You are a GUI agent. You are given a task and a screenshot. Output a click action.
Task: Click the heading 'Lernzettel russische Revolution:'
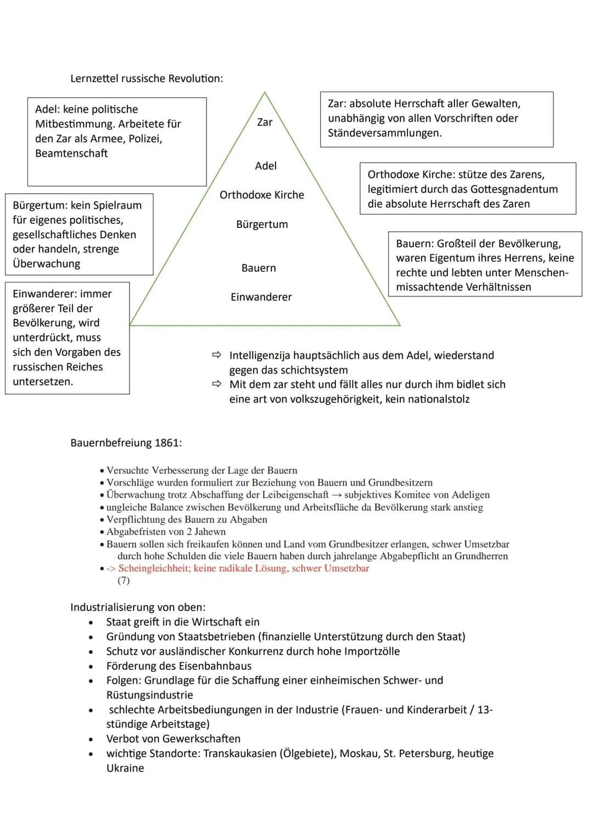coord(147,78)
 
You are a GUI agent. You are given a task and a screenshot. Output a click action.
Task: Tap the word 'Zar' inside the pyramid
coord(265,122)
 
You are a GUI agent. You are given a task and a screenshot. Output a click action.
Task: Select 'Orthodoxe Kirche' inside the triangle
coord(262,195)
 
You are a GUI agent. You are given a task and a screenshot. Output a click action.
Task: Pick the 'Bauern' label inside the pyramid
coord(259,268)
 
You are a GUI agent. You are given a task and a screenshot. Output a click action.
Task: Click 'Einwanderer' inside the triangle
coord(261,297)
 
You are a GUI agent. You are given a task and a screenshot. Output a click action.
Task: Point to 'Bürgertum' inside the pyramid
coord(262,224)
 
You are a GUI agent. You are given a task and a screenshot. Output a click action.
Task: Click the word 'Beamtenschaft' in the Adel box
coord(71,153)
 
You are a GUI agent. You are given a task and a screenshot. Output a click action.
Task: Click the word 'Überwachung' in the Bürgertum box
coord(46,263)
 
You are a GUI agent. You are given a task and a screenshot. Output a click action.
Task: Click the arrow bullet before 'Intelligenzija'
coord(216,356)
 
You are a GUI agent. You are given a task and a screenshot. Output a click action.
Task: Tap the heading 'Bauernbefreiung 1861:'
coord(126,443)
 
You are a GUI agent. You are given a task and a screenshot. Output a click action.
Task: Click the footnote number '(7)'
coord(124,581)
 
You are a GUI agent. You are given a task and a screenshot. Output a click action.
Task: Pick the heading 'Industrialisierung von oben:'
coord(138,608)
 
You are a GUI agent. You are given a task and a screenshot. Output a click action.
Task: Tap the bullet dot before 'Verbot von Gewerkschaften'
coord(91,739)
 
